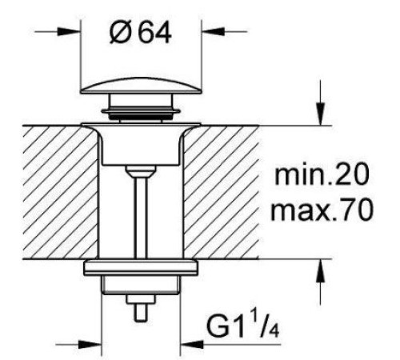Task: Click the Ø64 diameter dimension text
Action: pyautogui.click(x=141, y=33)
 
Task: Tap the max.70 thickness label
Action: pyautogui.click(x=322, y=210)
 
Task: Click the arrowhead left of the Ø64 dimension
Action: pyautogui.click(x=69, y=31)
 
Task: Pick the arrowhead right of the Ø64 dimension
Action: pyautogui.click(x=214, y=31)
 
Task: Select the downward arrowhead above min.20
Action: pyautogui.click(x=320, y=114)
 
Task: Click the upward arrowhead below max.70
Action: pyautogui.click(x=320, y=270)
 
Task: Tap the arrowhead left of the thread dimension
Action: pyautogui.click(x=90, y=344)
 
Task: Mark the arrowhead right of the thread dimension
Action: pyautogui.click(x=192, y=344)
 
